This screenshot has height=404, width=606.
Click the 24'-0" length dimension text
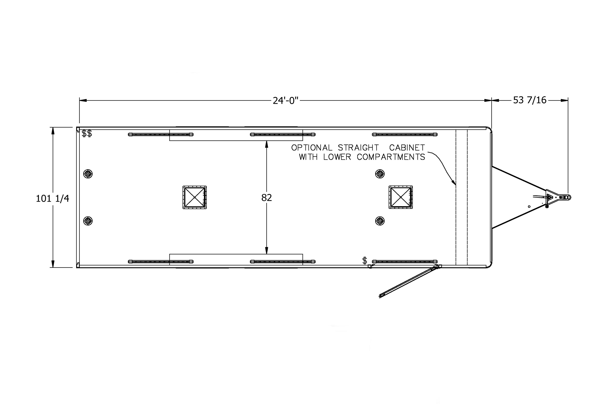286,101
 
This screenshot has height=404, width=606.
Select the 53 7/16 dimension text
530,100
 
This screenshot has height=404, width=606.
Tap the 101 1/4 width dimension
53,199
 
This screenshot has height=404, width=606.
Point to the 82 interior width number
267,198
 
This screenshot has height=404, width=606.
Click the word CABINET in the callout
407,148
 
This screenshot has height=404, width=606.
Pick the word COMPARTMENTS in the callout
391,157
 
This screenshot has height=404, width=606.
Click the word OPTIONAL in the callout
312,148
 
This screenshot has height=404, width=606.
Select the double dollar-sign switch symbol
87,134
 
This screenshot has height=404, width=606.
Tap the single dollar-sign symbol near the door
365,261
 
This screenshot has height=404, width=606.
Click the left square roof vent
195,197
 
